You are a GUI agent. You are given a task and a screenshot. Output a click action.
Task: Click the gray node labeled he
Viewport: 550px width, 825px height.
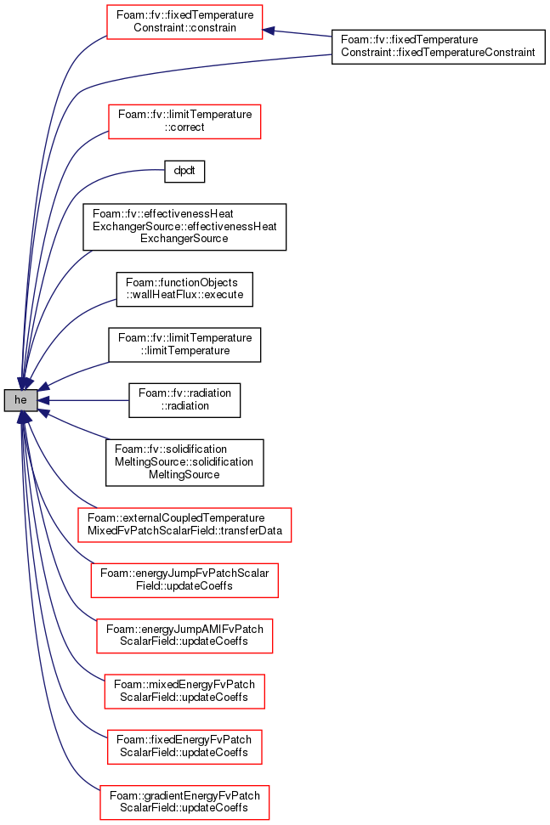(20, 400)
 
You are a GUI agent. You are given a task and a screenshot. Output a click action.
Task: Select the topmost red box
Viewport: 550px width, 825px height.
(184, 22)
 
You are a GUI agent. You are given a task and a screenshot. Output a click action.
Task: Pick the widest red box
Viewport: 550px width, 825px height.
(184, 525)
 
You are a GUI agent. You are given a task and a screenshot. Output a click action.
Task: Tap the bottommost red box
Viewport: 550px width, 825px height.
(184, 803)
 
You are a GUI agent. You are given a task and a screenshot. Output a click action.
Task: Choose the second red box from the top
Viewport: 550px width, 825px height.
(184, 121)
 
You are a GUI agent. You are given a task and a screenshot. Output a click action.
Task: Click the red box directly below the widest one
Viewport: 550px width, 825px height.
(184, 580)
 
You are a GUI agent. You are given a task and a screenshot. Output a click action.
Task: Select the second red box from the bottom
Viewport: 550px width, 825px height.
(184, 747)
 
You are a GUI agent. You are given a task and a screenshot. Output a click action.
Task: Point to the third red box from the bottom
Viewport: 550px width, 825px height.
(184, 692)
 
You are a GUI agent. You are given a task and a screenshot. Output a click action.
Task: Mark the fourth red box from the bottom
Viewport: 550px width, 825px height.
(184, 636)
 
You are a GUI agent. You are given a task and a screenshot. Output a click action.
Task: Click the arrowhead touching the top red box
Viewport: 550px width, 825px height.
(269, 31)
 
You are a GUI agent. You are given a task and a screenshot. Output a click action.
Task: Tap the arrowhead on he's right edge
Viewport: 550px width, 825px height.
(43, 400)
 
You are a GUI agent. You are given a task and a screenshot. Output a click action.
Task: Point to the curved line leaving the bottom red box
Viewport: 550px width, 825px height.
(60, 748)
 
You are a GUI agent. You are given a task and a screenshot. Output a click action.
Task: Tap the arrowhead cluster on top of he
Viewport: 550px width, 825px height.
(24, 382)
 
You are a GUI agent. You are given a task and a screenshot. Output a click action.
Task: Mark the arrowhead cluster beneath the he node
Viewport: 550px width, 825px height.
(24, 417)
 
